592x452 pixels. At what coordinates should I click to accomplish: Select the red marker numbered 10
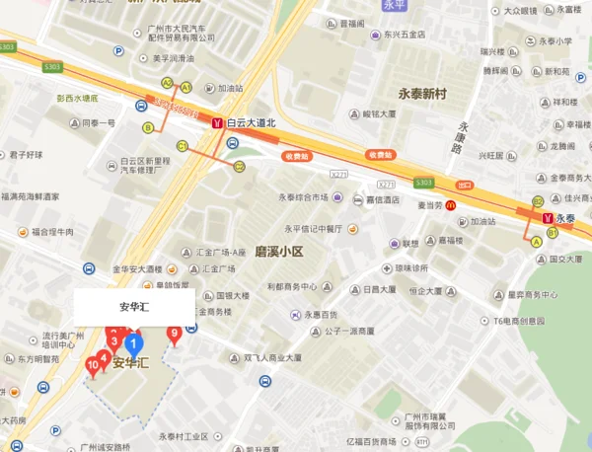click(93, 367)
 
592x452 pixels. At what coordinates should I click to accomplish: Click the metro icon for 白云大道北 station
click(217, 123)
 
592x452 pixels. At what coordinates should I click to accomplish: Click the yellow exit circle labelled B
click(148, 126)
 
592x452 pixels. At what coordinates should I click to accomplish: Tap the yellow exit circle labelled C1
click(183, 146)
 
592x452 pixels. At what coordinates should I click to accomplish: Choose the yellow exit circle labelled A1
click(185, 88)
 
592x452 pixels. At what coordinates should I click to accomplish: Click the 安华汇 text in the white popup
click(133, 307)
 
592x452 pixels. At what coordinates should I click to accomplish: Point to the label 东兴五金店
click(405, 35)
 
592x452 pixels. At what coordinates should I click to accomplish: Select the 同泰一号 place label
click(98, 123)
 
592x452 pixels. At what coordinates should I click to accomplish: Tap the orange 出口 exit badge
click(465, 185)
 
